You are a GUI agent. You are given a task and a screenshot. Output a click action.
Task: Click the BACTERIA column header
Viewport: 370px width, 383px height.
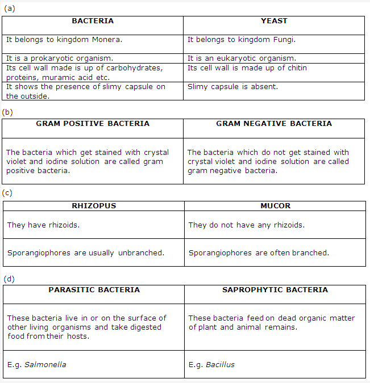tap(93, 21)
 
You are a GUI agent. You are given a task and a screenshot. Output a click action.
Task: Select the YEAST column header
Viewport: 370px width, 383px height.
tap(274, 21)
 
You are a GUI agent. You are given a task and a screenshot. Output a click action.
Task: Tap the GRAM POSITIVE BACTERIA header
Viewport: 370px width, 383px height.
tap(93, 124)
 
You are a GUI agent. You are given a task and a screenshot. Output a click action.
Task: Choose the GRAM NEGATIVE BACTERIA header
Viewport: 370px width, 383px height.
tap(274, 124)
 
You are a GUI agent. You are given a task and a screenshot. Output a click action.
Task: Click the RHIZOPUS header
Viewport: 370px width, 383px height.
tap(94, 206)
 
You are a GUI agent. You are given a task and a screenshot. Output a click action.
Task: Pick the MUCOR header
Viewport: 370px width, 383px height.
tap(275, 206)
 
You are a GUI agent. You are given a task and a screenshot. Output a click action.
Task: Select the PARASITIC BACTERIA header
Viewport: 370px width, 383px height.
tap(94, 290)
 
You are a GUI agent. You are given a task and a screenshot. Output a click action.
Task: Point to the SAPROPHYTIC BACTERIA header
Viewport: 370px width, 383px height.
tap(275, 290)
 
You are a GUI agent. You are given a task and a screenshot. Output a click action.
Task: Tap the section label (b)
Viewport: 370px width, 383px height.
tap(8, 112)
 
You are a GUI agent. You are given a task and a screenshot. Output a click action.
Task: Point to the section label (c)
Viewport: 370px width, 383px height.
tap(7, 193)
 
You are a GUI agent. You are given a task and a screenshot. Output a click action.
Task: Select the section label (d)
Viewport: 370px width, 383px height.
tap(9, 279)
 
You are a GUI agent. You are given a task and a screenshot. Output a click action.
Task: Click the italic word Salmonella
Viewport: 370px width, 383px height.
tap(45, 364)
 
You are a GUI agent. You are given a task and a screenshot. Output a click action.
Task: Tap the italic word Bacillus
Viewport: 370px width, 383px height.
tap(220, 364)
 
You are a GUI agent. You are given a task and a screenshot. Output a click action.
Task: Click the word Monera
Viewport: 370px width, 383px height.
tap(108, 40)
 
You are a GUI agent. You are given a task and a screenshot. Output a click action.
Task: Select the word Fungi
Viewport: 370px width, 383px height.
tap(285, 40)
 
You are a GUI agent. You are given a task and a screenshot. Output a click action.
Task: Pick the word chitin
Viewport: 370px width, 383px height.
tap(296, 68)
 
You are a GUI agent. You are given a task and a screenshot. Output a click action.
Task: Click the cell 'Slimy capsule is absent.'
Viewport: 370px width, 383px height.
tap(232, 87)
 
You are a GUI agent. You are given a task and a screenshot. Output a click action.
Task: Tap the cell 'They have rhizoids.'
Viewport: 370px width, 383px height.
tap(43, 225)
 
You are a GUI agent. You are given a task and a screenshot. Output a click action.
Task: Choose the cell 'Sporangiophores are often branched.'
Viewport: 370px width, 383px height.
tap(259, 253)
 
